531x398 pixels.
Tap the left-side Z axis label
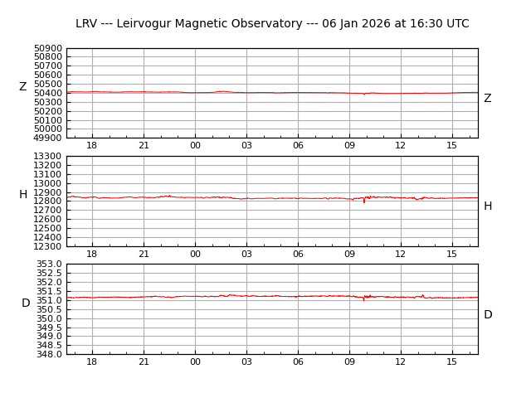coord(23,87)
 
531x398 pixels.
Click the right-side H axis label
coord(488,206)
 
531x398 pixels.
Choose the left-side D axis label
coord(26,303)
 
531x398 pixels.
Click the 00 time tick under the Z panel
coord(195,146)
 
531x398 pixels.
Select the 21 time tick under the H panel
coord(144,254)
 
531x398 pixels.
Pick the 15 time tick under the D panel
coord(452,362)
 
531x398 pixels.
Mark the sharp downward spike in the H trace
coord(363,201)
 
